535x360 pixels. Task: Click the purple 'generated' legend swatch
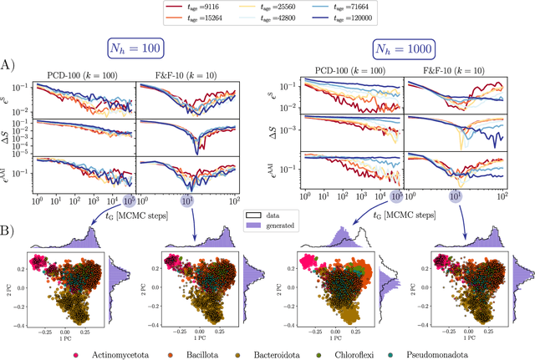click(252, 226)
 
